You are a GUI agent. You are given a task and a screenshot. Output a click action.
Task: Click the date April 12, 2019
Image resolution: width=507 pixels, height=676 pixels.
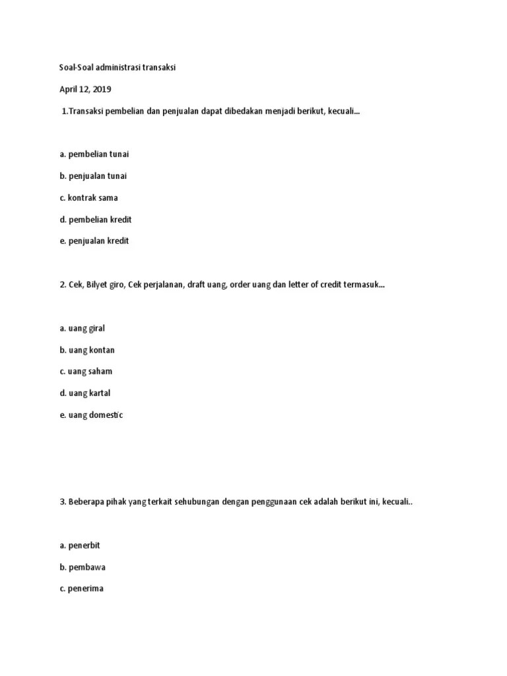(82, 89)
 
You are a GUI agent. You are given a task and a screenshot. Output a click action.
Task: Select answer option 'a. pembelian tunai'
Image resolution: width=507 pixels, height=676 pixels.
(94, 154)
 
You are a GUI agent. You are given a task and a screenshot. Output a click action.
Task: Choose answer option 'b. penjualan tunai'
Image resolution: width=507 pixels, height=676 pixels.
(93, 176)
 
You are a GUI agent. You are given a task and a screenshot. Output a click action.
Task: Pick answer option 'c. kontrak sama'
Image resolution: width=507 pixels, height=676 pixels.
(88, 197)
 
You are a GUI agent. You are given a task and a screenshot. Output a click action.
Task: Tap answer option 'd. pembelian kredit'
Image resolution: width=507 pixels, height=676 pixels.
(96, 219)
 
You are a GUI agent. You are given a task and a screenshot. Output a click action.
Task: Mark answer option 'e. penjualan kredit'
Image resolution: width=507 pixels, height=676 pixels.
(94, 241)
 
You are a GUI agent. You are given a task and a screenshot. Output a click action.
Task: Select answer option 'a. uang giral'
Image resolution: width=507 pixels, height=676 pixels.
(82, 328)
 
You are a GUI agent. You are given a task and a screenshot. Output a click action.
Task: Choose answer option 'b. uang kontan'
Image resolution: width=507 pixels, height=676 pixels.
(86, 350)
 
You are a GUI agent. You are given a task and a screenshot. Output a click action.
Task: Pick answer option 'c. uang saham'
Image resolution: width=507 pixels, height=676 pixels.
(85, 372)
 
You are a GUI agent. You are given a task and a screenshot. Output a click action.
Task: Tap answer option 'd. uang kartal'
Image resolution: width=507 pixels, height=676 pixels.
(84, 393)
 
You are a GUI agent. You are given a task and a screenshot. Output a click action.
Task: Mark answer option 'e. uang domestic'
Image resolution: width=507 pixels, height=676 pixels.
(90, 415)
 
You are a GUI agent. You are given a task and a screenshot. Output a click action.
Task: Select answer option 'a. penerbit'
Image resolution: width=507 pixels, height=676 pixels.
(79, 545)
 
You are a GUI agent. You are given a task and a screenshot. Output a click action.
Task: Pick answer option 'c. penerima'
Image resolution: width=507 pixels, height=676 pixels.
(81, 589)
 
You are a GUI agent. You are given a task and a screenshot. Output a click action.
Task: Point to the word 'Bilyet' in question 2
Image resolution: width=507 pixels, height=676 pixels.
(100, 285)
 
